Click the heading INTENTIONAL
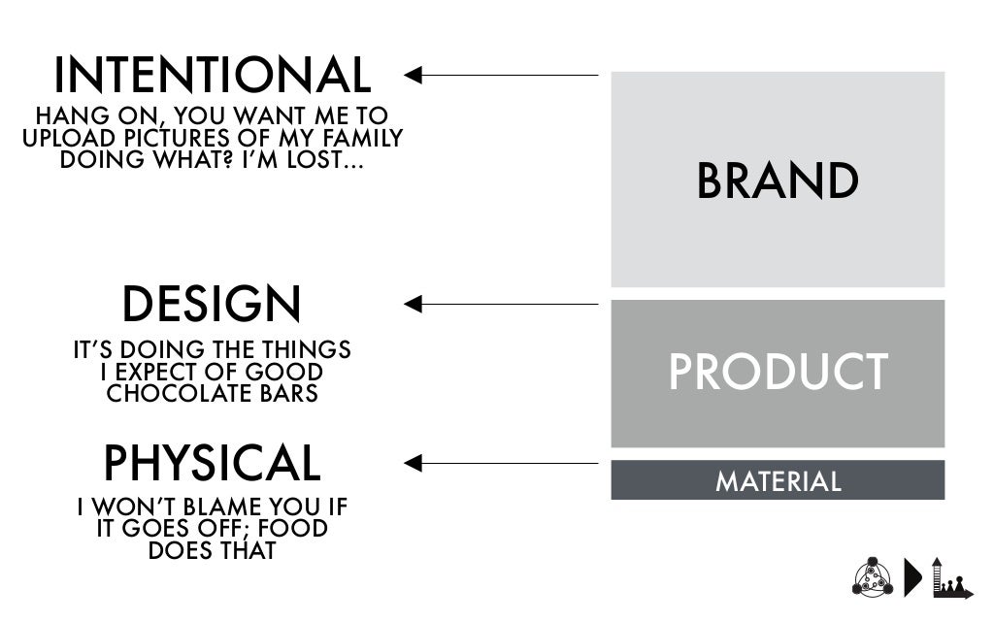click(212, 77)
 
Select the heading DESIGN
click(212, 305)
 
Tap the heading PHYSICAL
click(212, 464)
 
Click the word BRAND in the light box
click(778, 181)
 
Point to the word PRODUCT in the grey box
click(778, 372)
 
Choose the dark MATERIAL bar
click(778, 480)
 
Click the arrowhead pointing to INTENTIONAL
click(413, 75)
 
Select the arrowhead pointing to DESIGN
click(413, 305)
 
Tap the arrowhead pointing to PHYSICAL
click(413, 464)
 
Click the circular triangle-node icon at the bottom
click(871, 577)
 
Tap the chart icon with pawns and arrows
click(950, 577)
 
